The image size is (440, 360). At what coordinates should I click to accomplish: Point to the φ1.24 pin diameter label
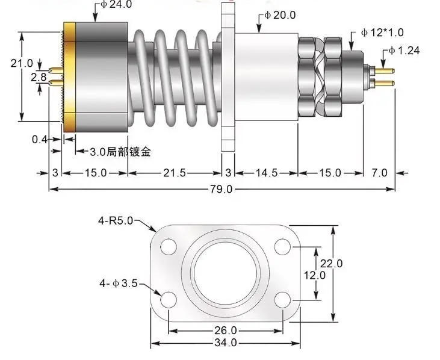coord(404,50)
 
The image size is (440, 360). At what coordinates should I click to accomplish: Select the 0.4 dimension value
coord(40,140)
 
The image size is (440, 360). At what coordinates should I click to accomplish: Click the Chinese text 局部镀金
coord(129,152)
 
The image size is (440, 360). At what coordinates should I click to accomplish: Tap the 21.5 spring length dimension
coord(174,173)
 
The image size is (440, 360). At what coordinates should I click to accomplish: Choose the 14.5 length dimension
coord(266,173)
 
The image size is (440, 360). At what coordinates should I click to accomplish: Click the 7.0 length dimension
coord(379,173)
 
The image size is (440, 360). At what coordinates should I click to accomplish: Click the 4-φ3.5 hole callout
coord(118,282)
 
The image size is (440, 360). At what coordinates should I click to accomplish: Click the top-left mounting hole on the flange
coord(169,246)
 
